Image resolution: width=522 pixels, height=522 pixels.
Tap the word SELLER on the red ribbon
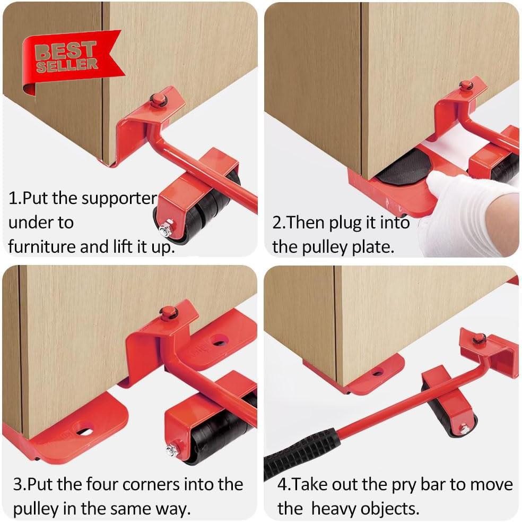pos(67,65)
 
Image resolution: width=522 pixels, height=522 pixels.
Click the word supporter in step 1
pos(119,199)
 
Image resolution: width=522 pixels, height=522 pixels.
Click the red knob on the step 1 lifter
pos(158,99)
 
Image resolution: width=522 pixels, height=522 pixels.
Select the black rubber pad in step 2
pos(404,167)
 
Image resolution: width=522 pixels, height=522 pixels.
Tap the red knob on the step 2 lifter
pos(466,85)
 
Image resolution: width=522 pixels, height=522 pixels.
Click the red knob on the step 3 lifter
pos(169,313)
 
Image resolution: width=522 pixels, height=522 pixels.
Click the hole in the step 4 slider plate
pos(378,372)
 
